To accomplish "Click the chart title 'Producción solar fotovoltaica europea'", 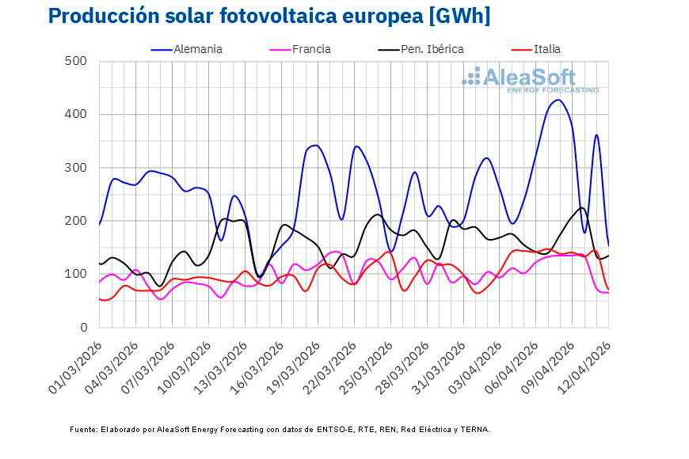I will pyautogui.click(x=238, y=16).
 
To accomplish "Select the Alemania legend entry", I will pyautogui.click(x=198, y=49).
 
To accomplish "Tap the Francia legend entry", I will pyautogui.click(x=311, y=49).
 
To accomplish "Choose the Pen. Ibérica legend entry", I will pyautogui.click(x=432, y=49).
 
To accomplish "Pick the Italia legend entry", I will pyautogui.click(x=546, y=49).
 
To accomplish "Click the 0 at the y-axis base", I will pyautogui.click(x=82, y=328).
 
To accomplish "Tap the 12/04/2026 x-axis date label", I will pyautogui.click(x=583, y=363).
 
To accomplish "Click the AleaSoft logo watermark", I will pyautogui.click(x=531, y=79).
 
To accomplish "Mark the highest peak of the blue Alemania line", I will pyautogui.click(x=558, y=100).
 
